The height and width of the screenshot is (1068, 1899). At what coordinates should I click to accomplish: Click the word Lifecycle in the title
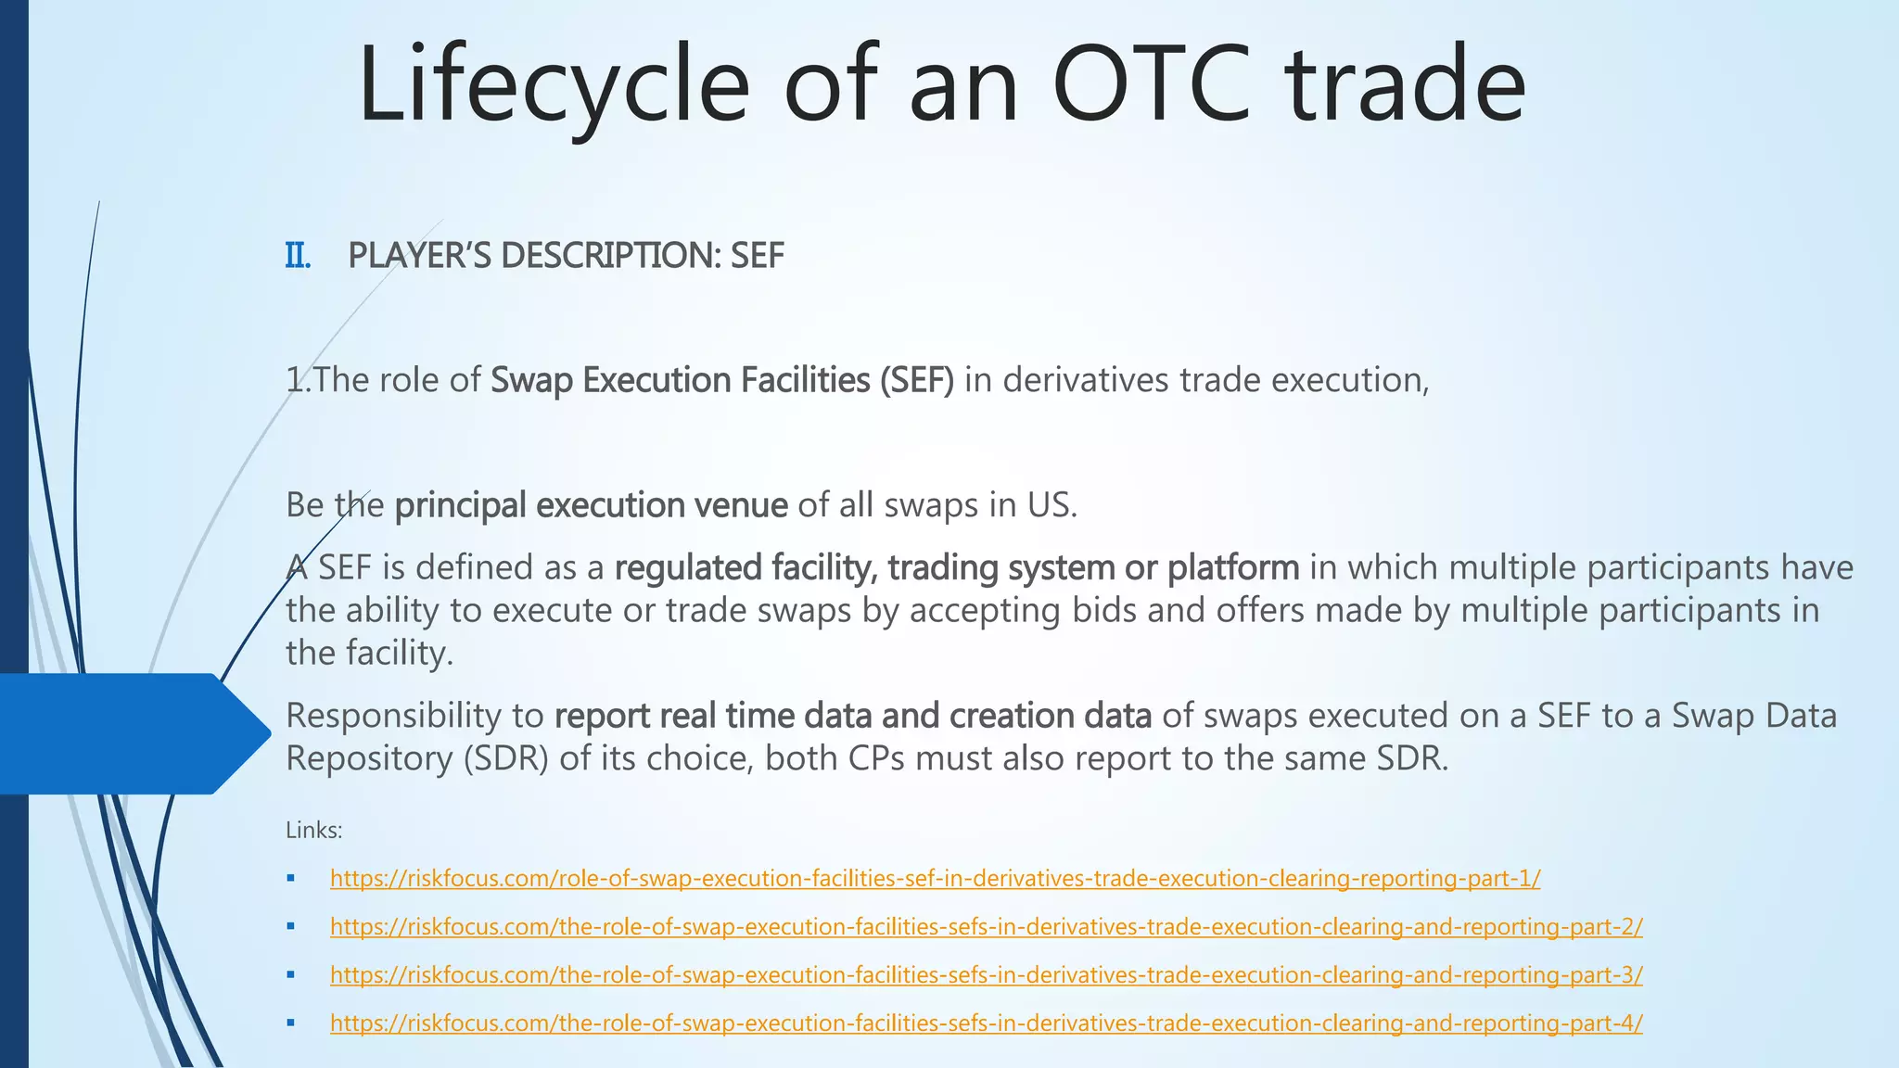pos(553,85)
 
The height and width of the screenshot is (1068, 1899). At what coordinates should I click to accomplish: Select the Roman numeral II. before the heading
pos(297,256)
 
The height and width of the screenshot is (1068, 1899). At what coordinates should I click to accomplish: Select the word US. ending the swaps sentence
pos(1051,505)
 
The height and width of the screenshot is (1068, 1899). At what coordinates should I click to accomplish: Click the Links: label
pos(313,831)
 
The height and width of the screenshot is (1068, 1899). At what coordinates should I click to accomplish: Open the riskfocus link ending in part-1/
pos(935,879)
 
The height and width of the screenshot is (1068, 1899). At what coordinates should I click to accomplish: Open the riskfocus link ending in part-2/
pos(986,927)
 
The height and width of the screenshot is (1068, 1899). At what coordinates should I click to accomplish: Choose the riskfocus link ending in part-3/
pos(986,975)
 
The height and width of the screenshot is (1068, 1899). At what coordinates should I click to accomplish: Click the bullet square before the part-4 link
pos(291,1023)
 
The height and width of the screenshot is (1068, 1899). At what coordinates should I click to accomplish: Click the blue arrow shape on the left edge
pos(130,733)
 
